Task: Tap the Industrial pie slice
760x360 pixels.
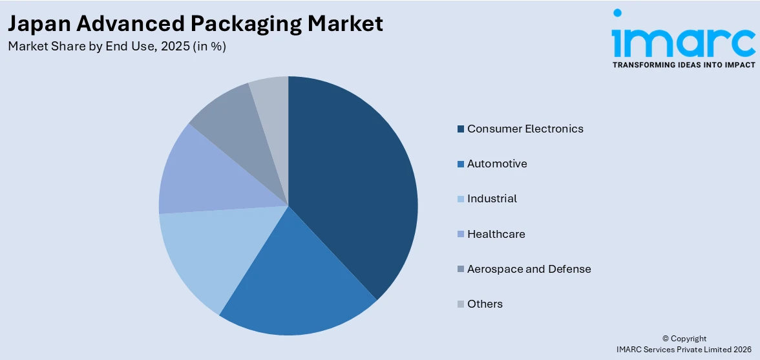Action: pyautogui.click(x=207, y=252)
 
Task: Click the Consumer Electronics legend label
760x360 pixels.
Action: pyautogui.click(x=525, y=129)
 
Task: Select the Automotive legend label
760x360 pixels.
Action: pyautogui.click(x=497, y=164)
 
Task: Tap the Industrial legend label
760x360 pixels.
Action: pyautogui.click(x=492, y=198)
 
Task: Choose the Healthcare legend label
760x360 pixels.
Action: pyautogui.click(x=496, y=234)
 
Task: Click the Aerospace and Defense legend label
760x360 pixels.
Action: pyautogui.click(x=529, y=269)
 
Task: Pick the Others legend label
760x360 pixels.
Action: pyautogui.click(x=485, y=304)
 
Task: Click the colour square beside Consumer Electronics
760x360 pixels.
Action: pyautogui.click(x=460, y=129)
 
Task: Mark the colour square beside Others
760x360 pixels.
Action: pyautogui.click(x=460, y=304)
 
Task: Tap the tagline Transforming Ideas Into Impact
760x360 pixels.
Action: pyautogui.click(x=683, y=65)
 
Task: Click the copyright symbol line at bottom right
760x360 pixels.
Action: pyautogui.click(x=684, y=339)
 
